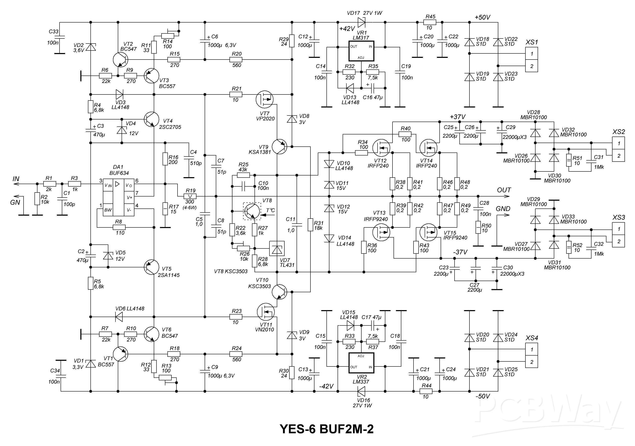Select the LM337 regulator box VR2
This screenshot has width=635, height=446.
click(x=361, y=363)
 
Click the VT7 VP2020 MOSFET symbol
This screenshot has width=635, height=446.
click(x=264, y=99)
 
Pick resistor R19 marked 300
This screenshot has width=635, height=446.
click(x=190, y=196)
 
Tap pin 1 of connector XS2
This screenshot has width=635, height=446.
click(x=618, y=143)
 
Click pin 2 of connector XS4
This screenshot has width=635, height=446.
click(x=531, y=362)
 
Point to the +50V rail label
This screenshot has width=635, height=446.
click(x=482, y=17)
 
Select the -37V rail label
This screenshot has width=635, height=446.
click(x=460, y=252)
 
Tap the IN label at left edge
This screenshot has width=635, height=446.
click(x=16, y=179)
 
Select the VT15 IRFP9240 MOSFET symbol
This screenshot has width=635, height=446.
click(x=428, y=232)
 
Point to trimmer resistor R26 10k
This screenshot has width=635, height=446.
click(x=243, y=248)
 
